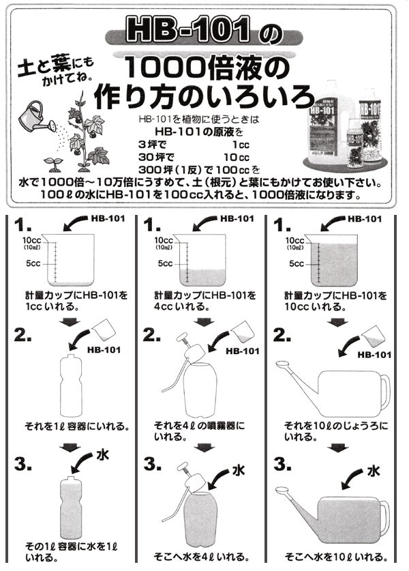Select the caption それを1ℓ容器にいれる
pos(76,426)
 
